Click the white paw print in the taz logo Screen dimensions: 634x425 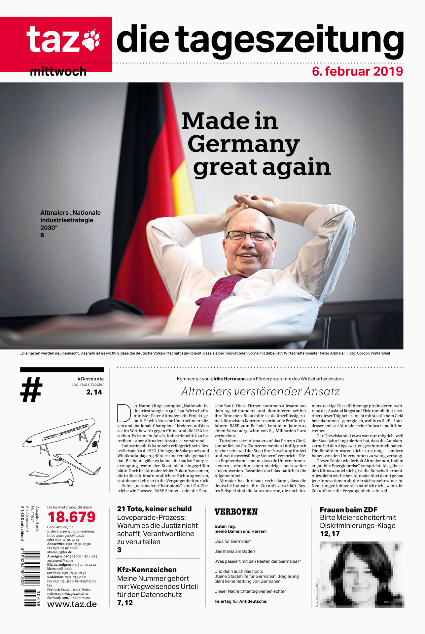(91, 40)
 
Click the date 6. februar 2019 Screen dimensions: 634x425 (357, 71)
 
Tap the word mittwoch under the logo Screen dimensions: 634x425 (58, 72)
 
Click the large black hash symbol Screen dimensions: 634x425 (31, 390)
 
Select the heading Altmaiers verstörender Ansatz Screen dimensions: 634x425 (260, 392)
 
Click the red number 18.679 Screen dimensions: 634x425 (71, 517)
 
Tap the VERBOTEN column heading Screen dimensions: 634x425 (236, 512)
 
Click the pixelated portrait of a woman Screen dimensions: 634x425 (361, 574)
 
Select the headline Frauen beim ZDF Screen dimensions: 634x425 (348, 510)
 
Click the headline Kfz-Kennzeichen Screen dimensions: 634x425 (147, 570)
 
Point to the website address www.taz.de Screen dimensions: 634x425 (72, 604)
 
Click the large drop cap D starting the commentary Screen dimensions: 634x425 (124, 413)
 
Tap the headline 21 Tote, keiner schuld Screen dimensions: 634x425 (154, 509)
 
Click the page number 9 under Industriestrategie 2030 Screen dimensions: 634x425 (42, 235)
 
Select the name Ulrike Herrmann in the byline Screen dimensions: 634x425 (228, 379)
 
